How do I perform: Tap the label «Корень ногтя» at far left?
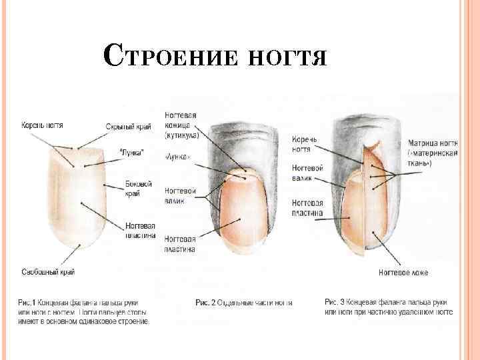(x=42, y=125)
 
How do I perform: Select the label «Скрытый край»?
(x=128, y=127)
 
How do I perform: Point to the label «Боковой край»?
(x=138, y=189)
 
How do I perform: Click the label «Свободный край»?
(x=48, y=272)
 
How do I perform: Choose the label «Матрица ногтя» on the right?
(x=433, y=153)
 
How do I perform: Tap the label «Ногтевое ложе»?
(x=401, y=272)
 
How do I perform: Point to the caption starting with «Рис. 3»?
(x=389, y=307)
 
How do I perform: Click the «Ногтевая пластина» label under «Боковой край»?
(x=140, y=230)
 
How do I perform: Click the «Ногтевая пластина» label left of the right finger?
(x=307, y=208)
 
